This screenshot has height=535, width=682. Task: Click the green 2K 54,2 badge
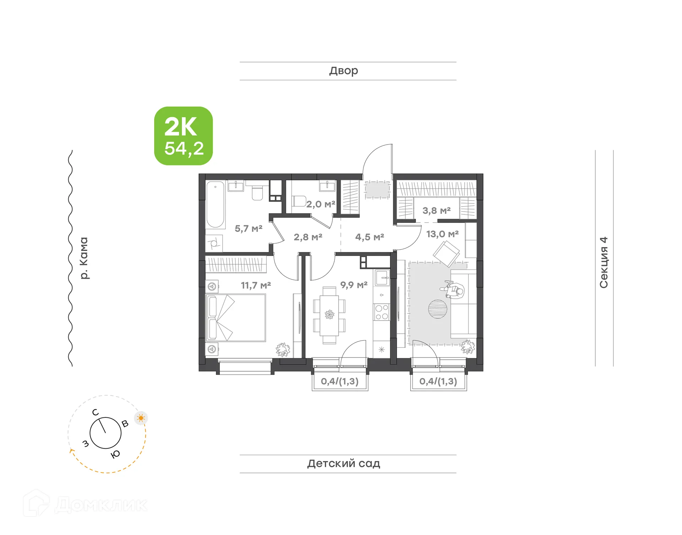point(183,136)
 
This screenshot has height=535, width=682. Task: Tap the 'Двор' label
point(343,71)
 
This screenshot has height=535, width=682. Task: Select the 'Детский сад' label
point(343,463)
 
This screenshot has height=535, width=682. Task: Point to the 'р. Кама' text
point(84,258)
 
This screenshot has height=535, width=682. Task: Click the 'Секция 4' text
point(604,262)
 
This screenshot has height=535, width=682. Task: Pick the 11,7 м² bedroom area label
point(256,285)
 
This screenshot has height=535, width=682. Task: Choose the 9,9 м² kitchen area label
point(354,285)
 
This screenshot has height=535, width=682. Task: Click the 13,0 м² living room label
point(442,234)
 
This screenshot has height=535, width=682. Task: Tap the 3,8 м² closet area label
point(437,211)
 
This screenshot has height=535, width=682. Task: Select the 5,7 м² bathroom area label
point(248,228)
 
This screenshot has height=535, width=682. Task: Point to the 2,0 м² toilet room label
point(321,204)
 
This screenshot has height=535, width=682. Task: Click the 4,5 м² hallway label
point(369,237)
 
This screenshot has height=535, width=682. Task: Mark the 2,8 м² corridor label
point(308,237)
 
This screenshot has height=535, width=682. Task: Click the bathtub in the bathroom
point(215,205)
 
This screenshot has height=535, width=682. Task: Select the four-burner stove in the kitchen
point(381,312)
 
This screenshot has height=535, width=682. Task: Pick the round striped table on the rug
point(437,309)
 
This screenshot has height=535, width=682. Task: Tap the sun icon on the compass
point(141,418)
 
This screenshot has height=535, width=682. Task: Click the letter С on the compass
point(95,412)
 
